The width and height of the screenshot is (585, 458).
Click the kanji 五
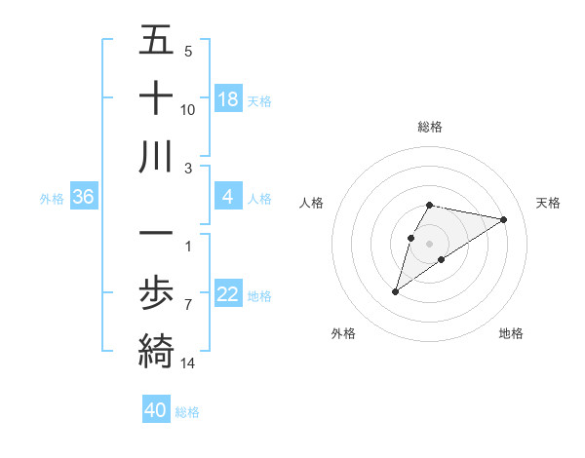156,41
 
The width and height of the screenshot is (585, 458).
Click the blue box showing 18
228,99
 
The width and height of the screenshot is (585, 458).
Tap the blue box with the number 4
228,198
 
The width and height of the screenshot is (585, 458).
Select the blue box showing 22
228,295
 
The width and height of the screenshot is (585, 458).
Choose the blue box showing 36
84,198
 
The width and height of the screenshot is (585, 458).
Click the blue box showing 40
156,410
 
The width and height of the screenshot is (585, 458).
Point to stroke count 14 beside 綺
189,363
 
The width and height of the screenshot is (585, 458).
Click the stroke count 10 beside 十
188,110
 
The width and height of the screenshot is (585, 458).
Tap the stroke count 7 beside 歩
188,305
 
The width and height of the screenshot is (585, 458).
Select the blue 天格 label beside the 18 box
259,100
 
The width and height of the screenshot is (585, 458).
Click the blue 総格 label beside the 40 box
187,412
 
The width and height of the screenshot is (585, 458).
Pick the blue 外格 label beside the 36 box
52,199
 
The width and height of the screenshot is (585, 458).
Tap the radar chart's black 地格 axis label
511,333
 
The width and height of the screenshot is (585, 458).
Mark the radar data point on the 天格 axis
503,219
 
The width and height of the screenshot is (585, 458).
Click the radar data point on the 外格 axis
395,291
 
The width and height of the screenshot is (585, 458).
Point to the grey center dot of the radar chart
430,243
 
